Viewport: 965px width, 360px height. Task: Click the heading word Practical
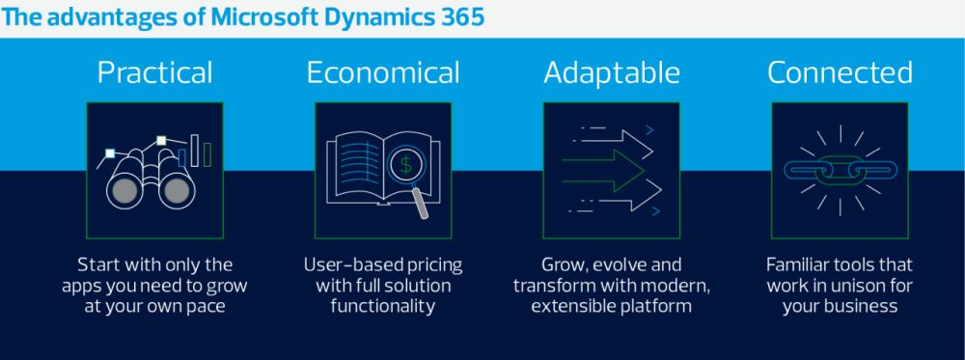pos(154,72)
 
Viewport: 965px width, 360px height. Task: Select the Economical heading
pos(383,72)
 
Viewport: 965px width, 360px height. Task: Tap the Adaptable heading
pos(611,73)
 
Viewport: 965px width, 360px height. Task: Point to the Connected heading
pos(840,72)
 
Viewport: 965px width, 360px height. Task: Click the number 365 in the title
pos(462,17)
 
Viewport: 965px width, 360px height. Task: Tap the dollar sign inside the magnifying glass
pos(405,165)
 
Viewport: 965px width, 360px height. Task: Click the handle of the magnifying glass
pos(421,203)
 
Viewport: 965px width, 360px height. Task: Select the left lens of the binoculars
pos(124,191)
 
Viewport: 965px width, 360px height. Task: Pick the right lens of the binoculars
pos(177,191)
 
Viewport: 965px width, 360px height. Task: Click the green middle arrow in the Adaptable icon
pos(602,171)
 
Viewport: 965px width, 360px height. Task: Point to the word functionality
pos(383,307)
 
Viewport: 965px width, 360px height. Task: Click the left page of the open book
pos(356,167)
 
